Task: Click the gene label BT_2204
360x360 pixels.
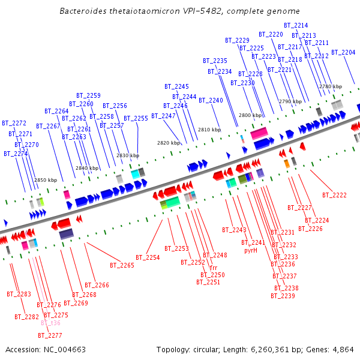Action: click(x=344, y=52)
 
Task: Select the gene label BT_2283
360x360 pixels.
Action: click(x=19, y=294)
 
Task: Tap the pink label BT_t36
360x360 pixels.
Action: click(x=50, y=323)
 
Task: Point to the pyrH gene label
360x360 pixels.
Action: click(x=250, y=250)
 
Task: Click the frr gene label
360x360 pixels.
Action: click(x=213, y=268)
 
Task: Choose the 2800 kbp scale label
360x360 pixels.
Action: click(x=250, y=115)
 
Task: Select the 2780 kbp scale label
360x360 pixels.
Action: click(x=330, y=87)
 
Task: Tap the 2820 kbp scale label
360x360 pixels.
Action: click(x=169, y=143)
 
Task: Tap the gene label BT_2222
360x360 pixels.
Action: click(x=334, y=195)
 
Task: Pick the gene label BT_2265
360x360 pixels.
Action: click(x=122, y=265)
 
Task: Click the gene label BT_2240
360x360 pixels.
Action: click(x=211, y=100)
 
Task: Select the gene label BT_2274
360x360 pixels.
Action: click(x=16, y=154)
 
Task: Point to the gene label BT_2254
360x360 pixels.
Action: click(x=148, y=257)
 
